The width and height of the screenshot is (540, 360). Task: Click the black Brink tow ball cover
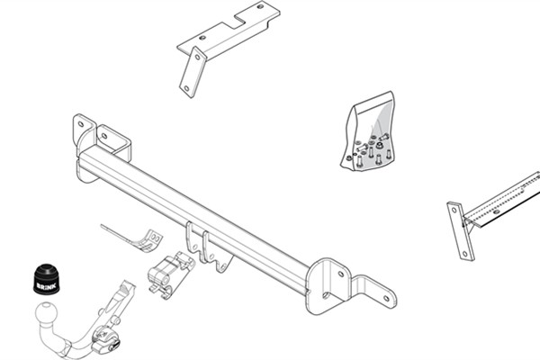pyautogui.click(x=46, y=279)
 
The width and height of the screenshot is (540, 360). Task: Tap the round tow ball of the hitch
pyautogui.click(x=46, y=313)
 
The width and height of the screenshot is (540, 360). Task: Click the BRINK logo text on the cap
pyautogui.click(x=45, y=286)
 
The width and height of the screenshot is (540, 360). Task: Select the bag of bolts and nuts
pyautogui.click(x=369, y=131)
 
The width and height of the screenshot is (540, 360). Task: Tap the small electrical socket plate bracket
pyautogui.click(x=133, y=238)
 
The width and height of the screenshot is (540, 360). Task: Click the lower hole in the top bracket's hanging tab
pyautogui.click(x=186, y=88)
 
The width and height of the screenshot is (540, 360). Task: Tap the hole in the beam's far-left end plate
pyautogui.click(x=81, y=124)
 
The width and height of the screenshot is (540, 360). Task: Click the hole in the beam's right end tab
pyautogui.click(x=386, y=298)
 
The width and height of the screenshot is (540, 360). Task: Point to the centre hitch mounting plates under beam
pyautogui.click(x=208, y=247)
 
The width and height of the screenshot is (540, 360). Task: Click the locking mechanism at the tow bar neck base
pyautogui.click(x=105, y=339)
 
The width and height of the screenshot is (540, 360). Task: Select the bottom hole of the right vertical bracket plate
pyautogui.click(x=465, y=254)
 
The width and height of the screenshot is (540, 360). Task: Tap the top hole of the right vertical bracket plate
pyautogui.click(x=454, y=209)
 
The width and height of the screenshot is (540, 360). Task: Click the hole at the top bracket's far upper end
pyautogui.click(x=260, y=6)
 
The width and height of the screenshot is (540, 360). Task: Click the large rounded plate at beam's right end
pyautogui.click(x=328, y=286)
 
